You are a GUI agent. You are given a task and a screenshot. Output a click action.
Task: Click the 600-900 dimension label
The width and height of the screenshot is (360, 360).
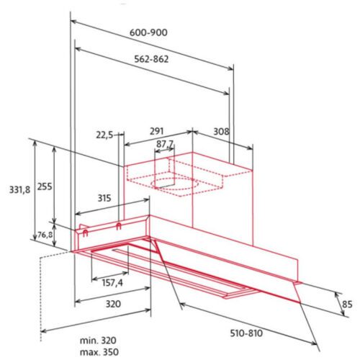(x=148, y=32)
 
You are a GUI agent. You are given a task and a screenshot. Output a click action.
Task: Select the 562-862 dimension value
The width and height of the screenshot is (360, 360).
(x=151, y=59)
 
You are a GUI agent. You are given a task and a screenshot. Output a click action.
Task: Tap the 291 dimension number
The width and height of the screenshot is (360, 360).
(x=157, y=131)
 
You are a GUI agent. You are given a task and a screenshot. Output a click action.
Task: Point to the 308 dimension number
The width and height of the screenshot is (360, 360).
(x=221, y=131)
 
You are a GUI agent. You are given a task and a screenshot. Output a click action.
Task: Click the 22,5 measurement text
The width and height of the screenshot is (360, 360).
(x=104, y=135)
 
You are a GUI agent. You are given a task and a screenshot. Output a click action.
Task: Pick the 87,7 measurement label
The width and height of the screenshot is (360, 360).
(x=165, y=144)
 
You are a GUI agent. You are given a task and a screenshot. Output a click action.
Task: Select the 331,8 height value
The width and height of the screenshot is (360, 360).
(x=20, y=190)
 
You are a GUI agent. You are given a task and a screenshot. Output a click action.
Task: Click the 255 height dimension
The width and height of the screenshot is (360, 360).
(x=45, y=186)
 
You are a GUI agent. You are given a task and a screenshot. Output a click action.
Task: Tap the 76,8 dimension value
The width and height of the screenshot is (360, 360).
(x=45, y=235)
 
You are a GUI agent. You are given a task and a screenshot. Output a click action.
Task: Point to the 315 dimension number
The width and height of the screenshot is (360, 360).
(x=104, y=198)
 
